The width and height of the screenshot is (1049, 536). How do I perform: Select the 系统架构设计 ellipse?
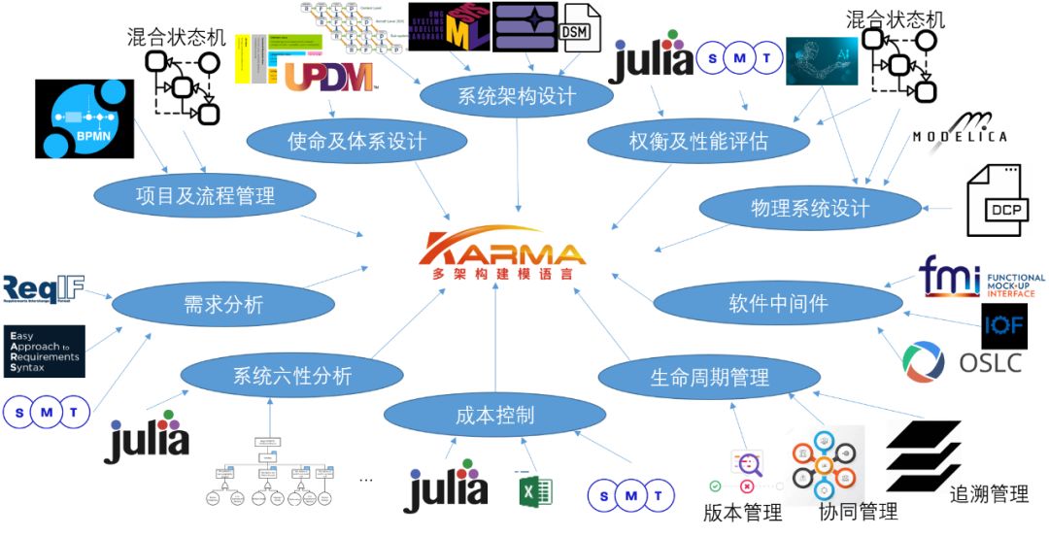(x=516, y=96)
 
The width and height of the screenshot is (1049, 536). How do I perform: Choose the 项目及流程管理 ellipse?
(x=205, y=195)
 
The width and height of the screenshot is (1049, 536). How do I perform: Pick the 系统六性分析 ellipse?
(x=292, y=376)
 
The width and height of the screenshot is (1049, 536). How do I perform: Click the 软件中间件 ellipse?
(x=778, y=303)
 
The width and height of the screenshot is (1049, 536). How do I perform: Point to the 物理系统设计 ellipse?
(x=810, y=208)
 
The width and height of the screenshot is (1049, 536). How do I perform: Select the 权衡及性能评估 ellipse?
(x=698, y=142)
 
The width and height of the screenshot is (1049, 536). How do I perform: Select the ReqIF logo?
(x=44, y=287)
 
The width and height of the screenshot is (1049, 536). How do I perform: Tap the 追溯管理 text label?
(x=989, y=494)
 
